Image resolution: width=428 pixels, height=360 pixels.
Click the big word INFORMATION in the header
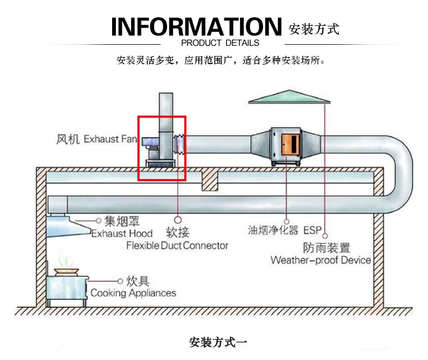196,26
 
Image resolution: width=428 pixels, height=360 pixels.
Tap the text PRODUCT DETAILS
220,43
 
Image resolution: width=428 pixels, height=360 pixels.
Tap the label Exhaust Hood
121,233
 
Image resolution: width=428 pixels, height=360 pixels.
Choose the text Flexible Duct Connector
177,246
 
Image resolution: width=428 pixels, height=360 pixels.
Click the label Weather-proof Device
321,260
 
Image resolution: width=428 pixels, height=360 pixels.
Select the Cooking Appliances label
133,293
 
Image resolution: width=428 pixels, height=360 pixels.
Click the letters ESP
312,231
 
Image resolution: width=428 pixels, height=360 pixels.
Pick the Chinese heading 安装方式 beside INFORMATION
314,29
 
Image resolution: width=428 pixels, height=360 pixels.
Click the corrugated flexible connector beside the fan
179,145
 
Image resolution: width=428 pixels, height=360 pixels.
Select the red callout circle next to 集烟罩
99,220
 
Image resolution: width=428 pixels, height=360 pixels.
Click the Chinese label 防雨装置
326,248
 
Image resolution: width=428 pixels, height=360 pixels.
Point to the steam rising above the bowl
65,257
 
